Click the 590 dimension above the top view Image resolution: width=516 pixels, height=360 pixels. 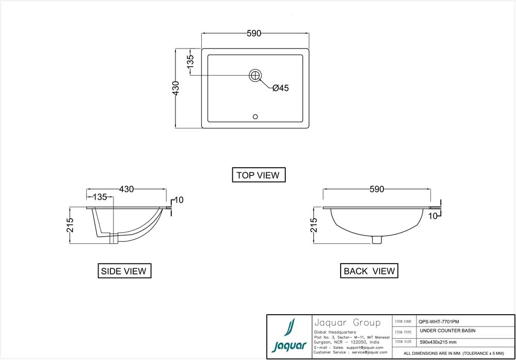[x=254, y=34]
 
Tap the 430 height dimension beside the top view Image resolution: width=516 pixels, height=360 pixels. [x=176, y=88]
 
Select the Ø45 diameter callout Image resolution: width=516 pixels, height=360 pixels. [x=280, y=88]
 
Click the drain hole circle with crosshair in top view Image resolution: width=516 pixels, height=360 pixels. [x=255, y=75]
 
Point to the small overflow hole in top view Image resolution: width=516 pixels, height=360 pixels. [x=255, y=117]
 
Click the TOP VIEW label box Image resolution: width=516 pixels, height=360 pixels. [x=258, y=175]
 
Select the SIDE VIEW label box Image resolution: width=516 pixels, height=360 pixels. [x=124, y=271]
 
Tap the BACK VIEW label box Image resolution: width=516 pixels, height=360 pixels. [x=369, y=271]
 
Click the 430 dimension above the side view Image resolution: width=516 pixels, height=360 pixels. [x=126, y=189]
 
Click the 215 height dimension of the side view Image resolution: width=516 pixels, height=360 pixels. [x=70, y=225]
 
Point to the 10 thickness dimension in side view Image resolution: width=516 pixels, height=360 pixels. [x=179, y=200]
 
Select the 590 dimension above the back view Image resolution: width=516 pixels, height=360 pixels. [x=377, y=189]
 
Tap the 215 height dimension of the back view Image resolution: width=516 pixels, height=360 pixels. [x=314, y=225]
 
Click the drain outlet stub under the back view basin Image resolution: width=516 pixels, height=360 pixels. [x=378, y=239]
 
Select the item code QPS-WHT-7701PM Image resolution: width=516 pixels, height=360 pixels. [x=439, y=320]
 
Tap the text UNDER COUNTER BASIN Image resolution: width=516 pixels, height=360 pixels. [x=448, y=331]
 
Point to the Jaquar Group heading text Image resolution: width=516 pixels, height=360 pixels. [x=347, y=323]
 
